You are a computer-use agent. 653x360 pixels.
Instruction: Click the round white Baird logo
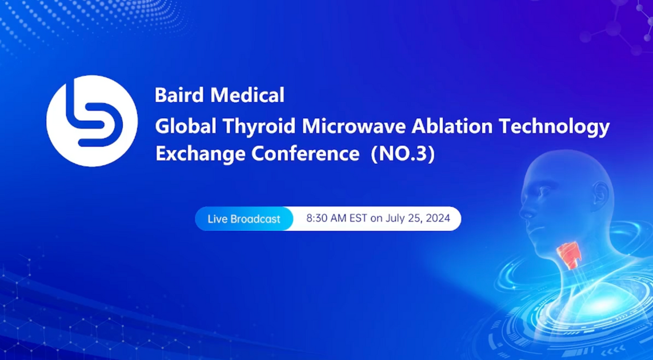[x=91, y=121]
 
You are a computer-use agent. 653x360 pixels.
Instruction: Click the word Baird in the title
[x=174, y=95]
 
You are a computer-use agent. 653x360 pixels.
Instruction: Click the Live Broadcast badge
[x=244, y=219]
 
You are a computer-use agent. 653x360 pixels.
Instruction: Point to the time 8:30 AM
[x=326, y=218]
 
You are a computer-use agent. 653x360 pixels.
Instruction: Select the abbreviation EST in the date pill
[x=358, y=218]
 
